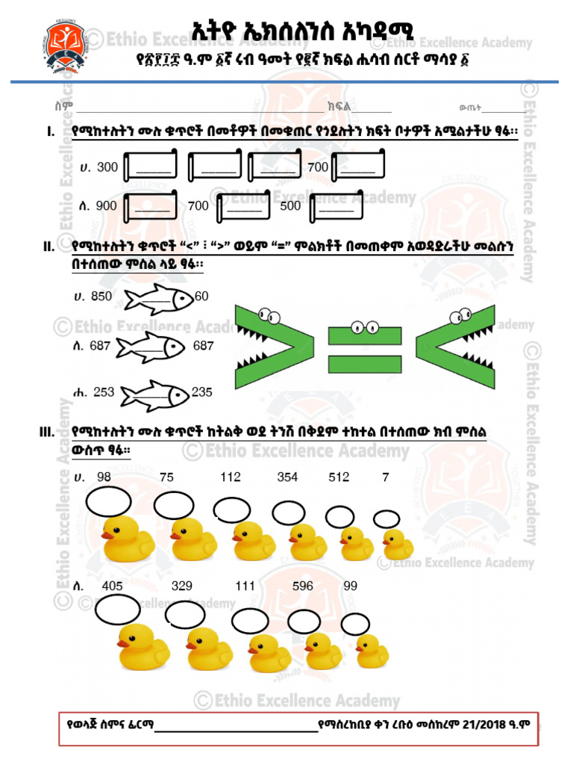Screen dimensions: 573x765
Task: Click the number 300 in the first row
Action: [107, 167]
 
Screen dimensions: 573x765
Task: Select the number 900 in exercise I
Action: [106, 206]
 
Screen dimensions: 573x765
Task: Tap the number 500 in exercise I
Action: [290, 206]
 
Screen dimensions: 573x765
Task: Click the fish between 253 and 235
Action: [155, 396]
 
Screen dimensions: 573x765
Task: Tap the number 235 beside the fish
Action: [201, 392]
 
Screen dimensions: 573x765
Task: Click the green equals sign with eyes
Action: [365, 347]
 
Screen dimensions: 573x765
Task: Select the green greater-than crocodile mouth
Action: [275, 347]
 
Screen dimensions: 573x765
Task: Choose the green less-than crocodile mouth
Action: [456, 347]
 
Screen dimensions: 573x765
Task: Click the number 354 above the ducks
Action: [287, 477]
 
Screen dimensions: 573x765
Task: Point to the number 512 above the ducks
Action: [339, 477]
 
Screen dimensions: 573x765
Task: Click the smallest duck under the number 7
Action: [398, 545]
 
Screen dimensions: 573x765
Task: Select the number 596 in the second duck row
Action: [303, 586]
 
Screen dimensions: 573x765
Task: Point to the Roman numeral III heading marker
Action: [47, 432]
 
